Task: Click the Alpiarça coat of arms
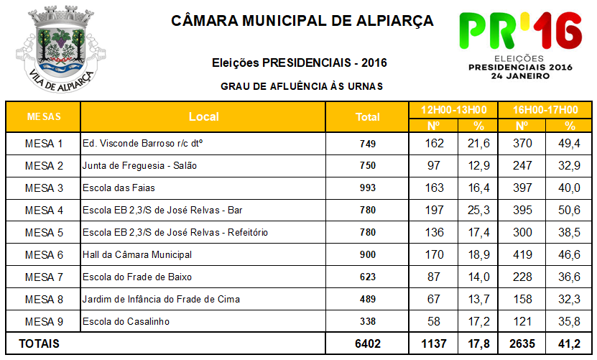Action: tap(61, 49)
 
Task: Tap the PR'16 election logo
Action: tap(520, 45)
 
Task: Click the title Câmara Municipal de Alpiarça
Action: tap(302, 21)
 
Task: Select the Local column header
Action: tap(204, 116)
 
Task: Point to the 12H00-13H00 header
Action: tap(453, 110)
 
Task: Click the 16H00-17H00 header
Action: tap(545, 110)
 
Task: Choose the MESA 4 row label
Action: tap(44, 211)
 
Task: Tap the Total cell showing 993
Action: tap(368, 188)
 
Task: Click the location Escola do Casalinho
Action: tap(126, 321)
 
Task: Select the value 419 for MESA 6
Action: tap(522, 254)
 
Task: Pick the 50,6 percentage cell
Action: tap(569, 211)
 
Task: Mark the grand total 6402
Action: tap(368, 343)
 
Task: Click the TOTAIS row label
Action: tap(40, 343)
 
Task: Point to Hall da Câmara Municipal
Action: tap(137, 254)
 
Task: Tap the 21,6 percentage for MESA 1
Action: tap(478, 143)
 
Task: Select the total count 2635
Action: tap(522, 343)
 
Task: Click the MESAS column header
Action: tap(44, 116)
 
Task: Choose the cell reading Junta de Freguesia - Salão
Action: tap(140, 166)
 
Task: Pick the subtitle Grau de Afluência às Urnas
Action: tap(302, 86)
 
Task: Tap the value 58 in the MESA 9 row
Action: tap(434, 321)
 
